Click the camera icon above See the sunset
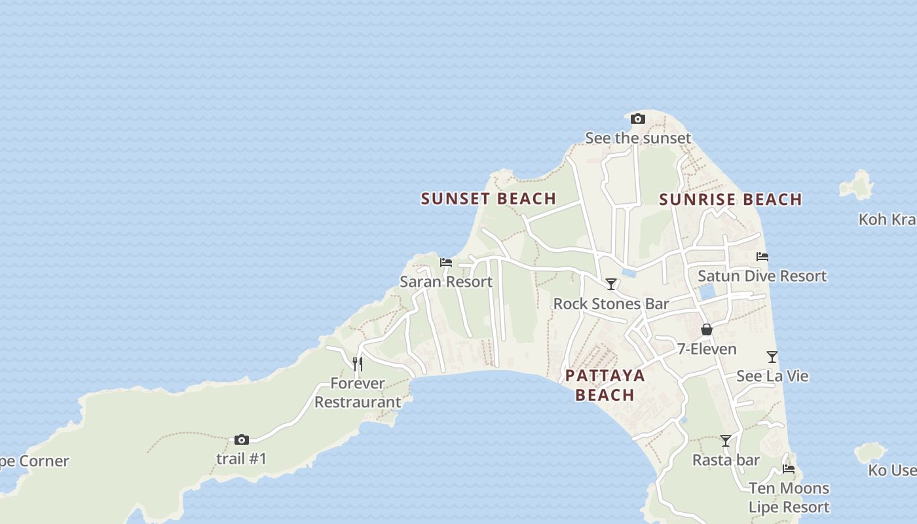(x=637, y=119)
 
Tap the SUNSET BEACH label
(x=488, y=198)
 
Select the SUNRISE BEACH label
(x=730, y=199)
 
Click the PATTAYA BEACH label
(x=605, y=385)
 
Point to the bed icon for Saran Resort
(x=446, y=263)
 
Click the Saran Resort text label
(x=446, y=282)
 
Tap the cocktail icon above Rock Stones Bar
(x=611, y=284)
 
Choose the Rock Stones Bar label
(x=611, y=303)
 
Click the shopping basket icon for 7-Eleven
(x=706, y=329)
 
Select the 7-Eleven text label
(x=707, y=349)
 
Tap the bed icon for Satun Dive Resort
(x=762, y=257)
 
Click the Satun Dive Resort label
(x=762, y=276)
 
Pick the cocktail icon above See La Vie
(x=772, y=357)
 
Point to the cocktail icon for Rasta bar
(x=726, y=441)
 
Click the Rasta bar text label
(x=726, y=460)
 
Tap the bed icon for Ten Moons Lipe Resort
(x=789, y=469)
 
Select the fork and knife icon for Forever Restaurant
(x=357, y=364)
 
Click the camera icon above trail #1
(x=242, y=440)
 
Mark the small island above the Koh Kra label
(x=857, y=186)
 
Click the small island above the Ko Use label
(x=870, y=452)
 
